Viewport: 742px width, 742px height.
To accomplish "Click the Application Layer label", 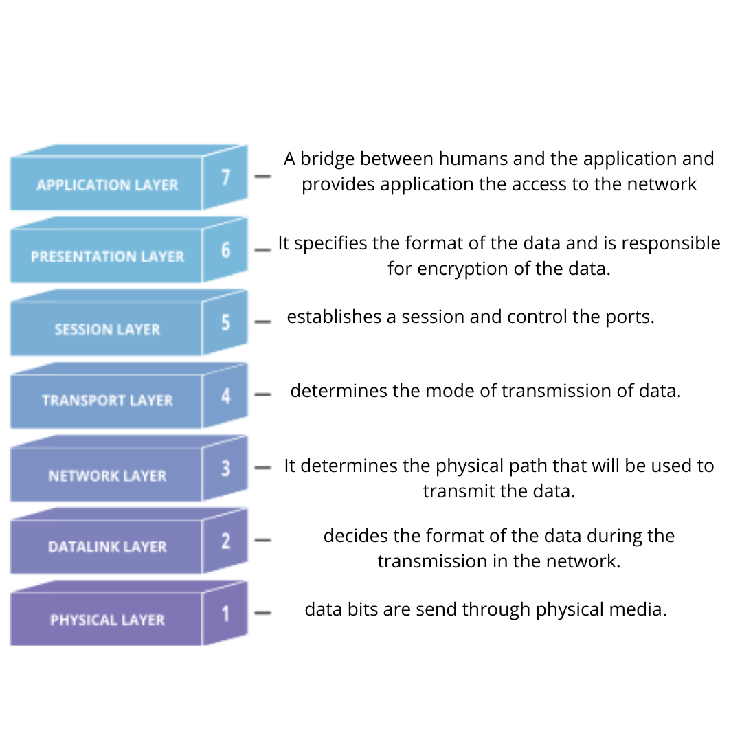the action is coord(107,185).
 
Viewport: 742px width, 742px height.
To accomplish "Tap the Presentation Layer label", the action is coord(107,256).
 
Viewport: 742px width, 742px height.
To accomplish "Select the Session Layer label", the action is coord(107,329).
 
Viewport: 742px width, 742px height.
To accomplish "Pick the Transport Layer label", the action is coord(107,401).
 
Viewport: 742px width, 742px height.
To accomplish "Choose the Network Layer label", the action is coord(107,475).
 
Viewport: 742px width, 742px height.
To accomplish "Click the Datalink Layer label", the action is coord(107,547).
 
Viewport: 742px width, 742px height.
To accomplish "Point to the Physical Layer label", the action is coord(107,620).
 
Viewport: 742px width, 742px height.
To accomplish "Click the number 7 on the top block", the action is coord(226,177).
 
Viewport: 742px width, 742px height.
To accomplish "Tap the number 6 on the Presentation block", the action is coord(226,249).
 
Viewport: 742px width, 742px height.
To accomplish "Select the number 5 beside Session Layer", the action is coord(226,322).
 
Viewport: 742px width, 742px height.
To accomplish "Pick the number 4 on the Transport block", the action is coord(226,395).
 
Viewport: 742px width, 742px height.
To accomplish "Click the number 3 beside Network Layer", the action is coord(226,468).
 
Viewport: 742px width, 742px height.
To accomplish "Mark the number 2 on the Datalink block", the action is coord(226,541).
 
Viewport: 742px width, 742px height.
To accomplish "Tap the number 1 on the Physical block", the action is coord(226,614).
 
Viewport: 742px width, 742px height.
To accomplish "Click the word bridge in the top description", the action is coord(327,159).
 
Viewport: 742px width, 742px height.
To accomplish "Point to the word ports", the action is coord(630,317).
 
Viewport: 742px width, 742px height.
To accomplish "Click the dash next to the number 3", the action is coord(262,468).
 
